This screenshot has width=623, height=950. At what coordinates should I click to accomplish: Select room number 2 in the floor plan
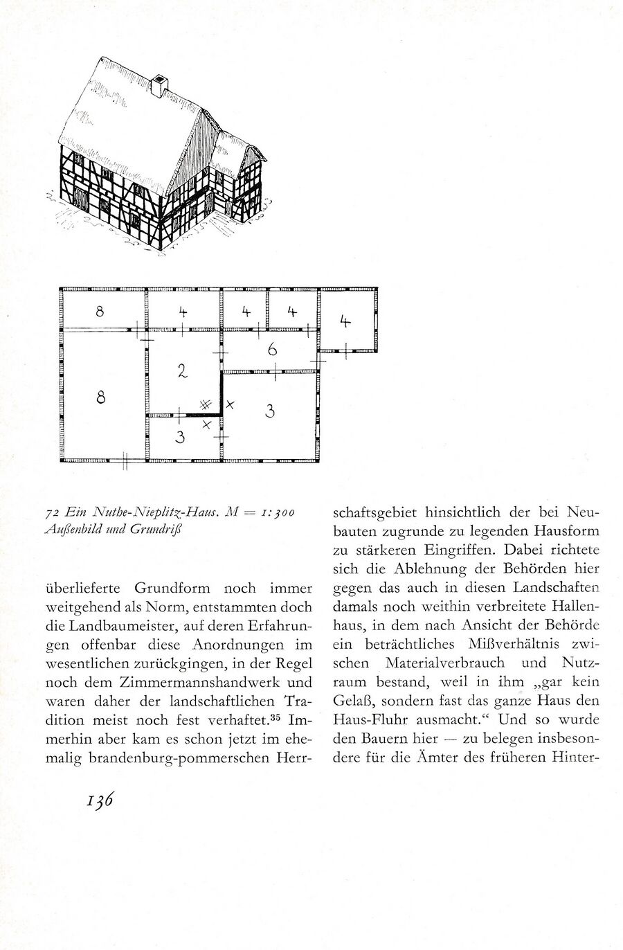tap(182, 371)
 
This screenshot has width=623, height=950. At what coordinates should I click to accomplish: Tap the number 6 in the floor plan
tap(273, 350)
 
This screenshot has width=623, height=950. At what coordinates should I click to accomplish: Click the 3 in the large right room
tap(270, 411)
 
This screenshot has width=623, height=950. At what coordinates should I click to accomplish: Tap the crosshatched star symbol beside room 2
tap(205, 404)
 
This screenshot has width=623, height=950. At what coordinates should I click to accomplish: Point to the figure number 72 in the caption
tap(49, 513)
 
